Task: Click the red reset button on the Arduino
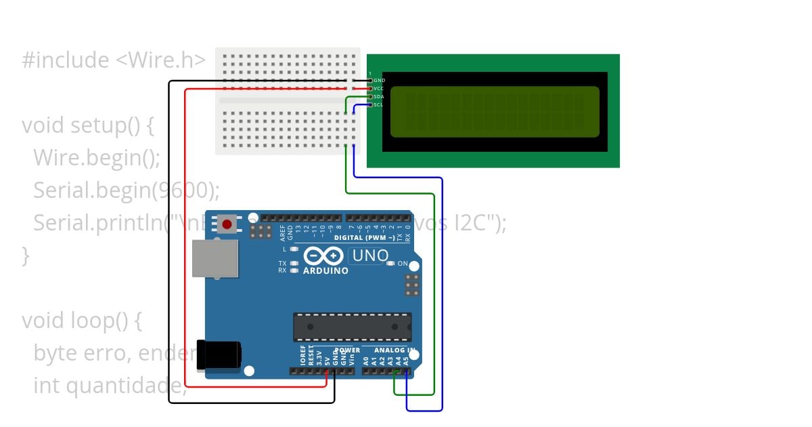227,224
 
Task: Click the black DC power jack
218,355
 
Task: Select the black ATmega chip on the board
352,327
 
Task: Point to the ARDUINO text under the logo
325,270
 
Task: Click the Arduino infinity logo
324,256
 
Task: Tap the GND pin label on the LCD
379,80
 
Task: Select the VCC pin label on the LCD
379,88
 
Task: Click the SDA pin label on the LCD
379,96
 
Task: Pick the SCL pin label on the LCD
378,104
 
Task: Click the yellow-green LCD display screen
495,112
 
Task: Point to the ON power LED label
403,264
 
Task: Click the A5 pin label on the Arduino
406,361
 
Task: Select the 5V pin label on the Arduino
328,361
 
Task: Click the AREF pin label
282,232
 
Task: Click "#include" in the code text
65,60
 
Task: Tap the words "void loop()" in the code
81,320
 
